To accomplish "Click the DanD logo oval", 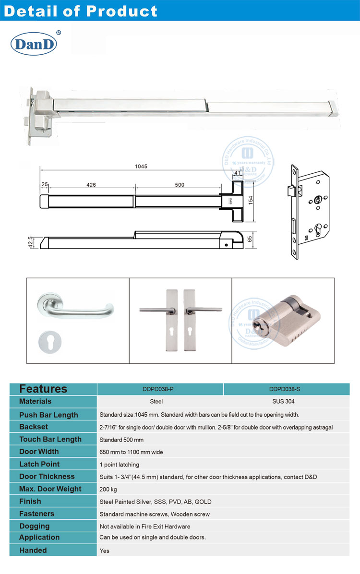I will coord(34,44).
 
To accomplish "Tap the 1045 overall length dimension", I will coord(141,167).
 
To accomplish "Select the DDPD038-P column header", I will coord(160,389).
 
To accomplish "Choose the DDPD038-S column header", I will coord(286,389).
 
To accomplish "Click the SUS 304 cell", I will coord(286,402).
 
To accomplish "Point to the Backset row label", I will coord(34,427).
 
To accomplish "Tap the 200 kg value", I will coord(108,490).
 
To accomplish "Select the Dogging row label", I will coord(35,526).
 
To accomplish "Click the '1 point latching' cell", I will coord(119,465).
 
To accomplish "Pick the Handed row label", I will coord(33,550).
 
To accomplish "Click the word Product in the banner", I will coord(123,11).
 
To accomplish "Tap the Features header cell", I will coord(43,389).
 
